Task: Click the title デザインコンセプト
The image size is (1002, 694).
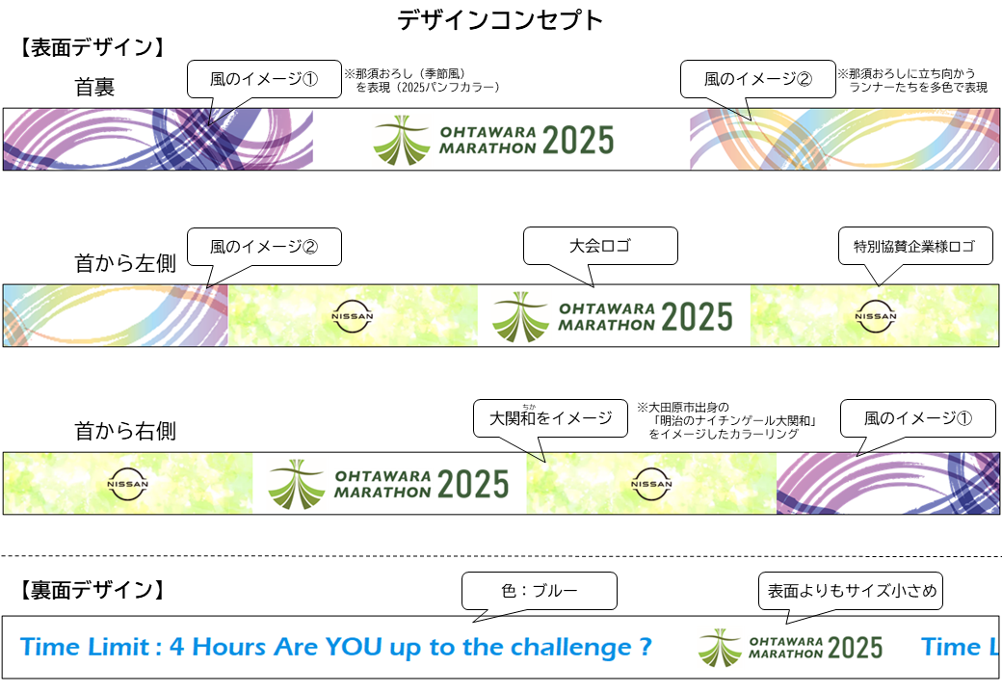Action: [x=500, y=20]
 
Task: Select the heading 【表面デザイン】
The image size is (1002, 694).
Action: [x=92, y=48]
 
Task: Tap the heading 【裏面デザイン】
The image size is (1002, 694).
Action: [x=92, y=590]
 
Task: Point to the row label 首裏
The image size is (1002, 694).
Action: [x=94, y=87]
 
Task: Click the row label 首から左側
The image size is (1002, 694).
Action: [x=125, y=263]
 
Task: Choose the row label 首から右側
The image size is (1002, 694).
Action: [x=125, y=432]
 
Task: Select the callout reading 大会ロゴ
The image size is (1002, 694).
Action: [x=600, y=246]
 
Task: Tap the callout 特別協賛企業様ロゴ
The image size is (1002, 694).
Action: [x=915, y=247]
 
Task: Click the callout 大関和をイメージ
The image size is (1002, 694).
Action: [x=550, y=418]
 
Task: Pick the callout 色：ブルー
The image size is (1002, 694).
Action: [x=540, y=591]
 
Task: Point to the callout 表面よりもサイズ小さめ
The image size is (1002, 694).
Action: [x=851, y=591]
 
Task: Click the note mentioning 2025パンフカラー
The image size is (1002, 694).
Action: [x=422, y=81]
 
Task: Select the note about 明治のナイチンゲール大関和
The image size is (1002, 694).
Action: [x=728, y=420]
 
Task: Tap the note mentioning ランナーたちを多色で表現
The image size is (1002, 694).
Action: [x=912, y=81]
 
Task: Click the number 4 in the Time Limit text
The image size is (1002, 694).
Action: [x=177, y=648]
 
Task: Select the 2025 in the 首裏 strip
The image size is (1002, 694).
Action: [x=578, y=141]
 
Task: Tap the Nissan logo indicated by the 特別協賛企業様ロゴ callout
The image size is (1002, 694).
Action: [x=876, y=316]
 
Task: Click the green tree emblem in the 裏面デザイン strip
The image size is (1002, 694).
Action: [x=721, y=648]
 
